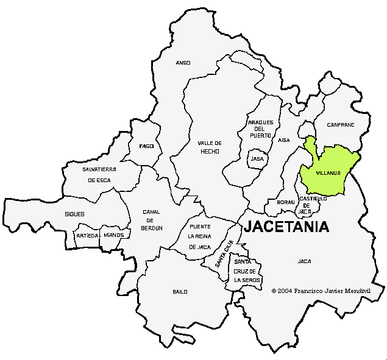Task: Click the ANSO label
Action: click(x=183, y=63)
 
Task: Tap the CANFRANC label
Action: click(x=340, y=125)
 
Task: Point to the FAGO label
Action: click(x=146, y=146)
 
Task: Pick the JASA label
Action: click(x=257, y=158)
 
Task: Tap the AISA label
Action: click(x=284, y=140)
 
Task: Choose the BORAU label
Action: click(x=285, y=202)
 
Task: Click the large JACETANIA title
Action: click(x=286, y=227)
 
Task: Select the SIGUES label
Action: click(x=74, y=214)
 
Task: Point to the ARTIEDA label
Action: click(x=87, y=235)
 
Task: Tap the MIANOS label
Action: click(x=114, y=235)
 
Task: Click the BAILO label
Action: click(x=180, y=292)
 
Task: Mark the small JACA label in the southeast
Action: click(x=304, y=261)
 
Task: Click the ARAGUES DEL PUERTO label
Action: click(x=261, y=129)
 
